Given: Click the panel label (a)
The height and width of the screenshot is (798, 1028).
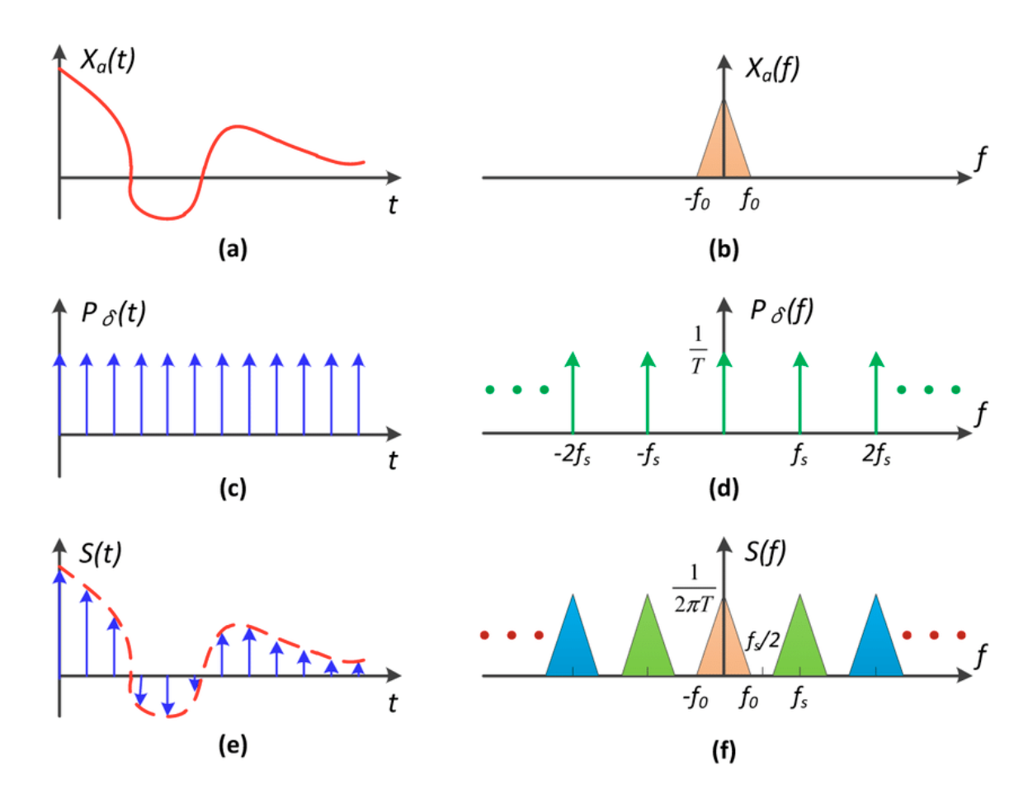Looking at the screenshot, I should (x=232, y=248).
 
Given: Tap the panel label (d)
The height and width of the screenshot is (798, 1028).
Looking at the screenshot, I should (x=724, y=488).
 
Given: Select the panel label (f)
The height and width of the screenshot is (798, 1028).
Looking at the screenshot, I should (x=724, y=750).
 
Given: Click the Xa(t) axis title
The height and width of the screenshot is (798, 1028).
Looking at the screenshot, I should (x=107, y=59).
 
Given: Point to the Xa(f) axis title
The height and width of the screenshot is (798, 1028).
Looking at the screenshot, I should (x=772, y=68).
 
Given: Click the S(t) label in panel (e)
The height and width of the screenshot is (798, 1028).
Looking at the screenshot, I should (x=100, y=553).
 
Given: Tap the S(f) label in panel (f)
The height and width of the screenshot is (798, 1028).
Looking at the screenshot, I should (x=765, y=552).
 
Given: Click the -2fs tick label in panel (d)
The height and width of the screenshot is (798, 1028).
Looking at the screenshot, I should (x=572, y=454).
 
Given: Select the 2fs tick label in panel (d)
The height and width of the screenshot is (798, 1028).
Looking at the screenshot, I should (x=876, y=454).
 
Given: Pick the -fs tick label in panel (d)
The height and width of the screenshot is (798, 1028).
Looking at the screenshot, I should (x=648, y=454).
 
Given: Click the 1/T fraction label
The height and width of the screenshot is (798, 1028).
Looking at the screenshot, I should (x=698, y=350).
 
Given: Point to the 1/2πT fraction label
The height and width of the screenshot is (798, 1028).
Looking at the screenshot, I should (x=693, y=589).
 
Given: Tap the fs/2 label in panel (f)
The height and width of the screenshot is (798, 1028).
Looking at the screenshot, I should (x=762, y=640).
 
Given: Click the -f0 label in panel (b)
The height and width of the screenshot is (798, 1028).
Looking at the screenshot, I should (x=698, y=200).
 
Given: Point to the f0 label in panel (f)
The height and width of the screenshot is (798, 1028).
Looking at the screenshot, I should (x=748, y=698).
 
